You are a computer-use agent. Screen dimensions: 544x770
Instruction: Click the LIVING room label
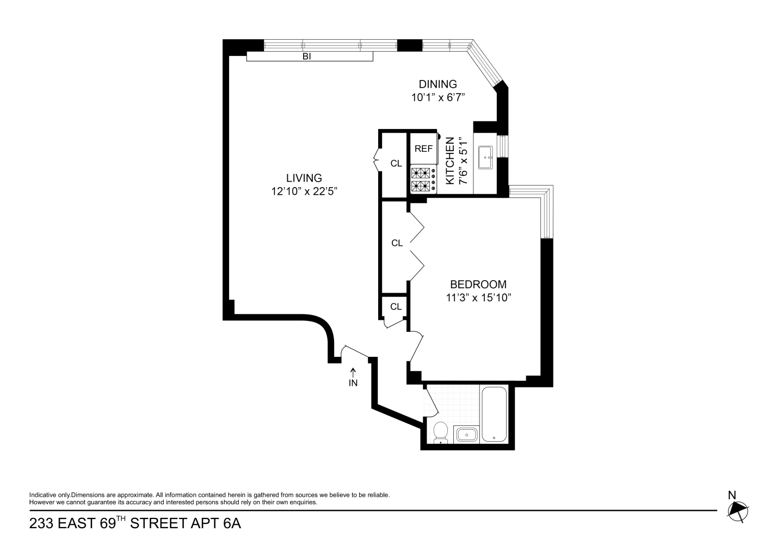304,178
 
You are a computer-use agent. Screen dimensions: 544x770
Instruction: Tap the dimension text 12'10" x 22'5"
308,191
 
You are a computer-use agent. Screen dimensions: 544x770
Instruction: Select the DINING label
438,84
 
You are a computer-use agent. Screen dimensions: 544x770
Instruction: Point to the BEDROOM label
478,285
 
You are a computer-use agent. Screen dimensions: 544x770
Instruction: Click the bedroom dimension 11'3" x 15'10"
479,298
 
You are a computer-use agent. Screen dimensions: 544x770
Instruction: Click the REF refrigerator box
423,149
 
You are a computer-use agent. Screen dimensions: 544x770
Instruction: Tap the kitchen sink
485,159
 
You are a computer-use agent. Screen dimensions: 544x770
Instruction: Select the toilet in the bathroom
440,432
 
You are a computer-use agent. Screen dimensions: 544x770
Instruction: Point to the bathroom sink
466,435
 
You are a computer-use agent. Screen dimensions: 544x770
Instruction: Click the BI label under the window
306,56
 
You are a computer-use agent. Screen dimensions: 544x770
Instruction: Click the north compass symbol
737,509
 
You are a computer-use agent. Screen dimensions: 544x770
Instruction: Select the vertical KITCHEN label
450,161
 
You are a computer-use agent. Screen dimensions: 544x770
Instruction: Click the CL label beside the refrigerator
396,163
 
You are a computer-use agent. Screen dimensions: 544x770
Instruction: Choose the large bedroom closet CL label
397,243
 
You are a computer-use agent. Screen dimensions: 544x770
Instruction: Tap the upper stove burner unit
420,174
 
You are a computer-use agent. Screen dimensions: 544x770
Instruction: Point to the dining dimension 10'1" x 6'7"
438,98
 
